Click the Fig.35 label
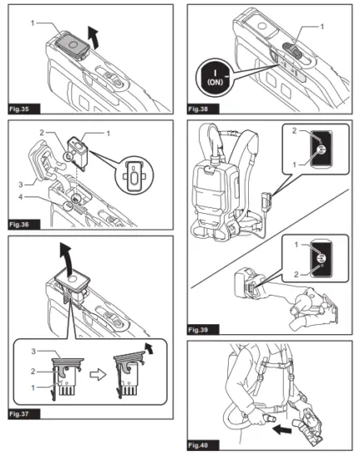[19, 109]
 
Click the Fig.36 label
[19, 224]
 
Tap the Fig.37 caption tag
[19, 411]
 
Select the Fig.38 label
[201, 109]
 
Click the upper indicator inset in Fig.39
[314, 150]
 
